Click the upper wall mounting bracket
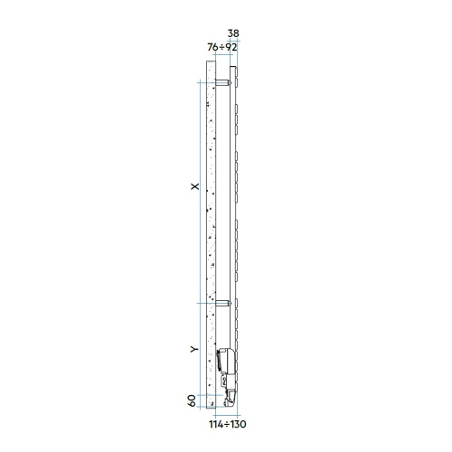(x=222, y=85)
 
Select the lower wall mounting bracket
(x=222, y=301)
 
